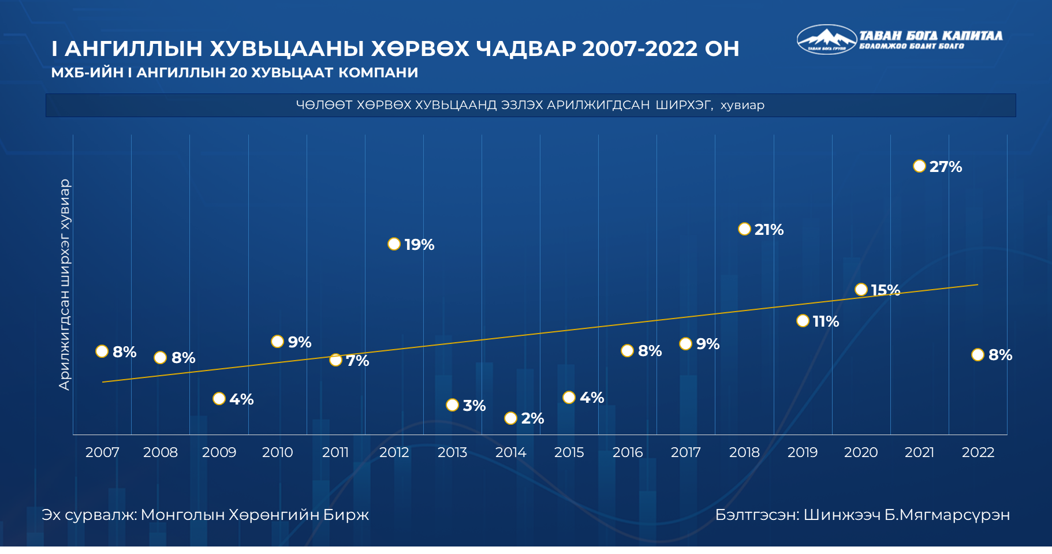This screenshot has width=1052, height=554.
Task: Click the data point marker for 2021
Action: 919,166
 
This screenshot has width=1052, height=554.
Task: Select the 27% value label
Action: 946,167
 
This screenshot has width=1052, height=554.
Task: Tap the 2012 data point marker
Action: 394,244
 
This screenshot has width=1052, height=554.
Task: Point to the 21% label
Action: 769,230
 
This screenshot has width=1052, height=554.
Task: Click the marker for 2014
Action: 510,418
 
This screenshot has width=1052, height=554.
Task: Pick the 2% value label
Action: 532,418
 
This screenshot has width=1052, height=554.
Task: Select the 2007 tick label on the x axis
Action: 102,452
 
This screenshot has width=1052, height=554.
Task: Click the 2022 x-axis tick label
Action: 978,452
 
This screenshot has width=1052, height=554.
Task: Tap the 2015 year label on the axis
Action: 569,452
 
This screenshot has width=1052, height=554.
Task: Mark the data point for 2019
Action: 803,320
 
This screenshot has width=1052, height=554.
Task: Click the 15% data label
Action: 886,290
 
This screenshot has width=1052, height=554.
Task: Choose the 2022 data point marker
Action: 978,354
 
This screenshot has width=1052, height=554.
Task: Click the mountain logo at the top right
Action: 826,39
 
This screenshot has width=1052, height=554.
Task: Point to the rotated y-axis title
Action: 64,285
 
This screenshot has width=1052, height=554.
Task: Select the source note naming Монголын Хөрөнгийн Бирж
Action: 205,515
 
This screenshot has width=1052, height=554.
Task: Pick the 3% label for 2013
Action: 474,406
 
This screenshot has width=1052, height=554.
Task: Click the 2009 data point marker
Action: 219,399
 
